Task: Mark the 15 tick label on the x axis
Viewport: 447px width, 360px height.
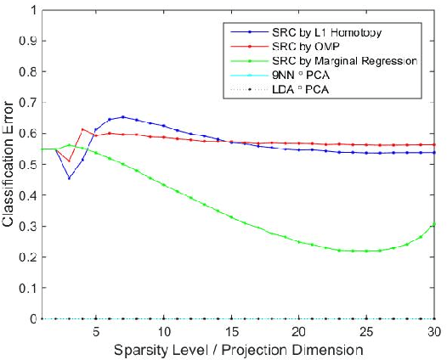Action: coord(232,331)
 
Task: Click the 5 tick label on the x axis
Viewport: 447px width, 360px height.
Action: coord(96,331)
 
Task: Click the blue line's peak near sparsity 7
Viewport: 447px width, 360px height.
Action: coord(123,117)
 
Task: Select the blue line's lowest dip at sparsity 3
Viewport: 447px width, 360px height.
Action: coord(69,178)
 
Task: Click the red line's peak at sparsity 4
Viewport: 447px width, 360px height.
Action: coord(82,129)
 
